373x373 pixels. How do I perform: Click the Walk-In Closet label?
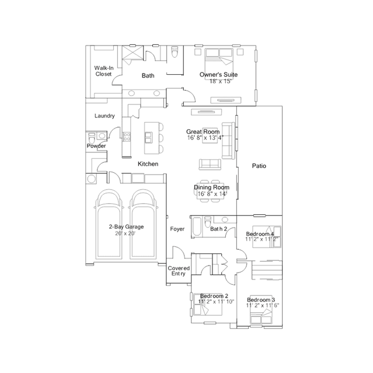coord(104,71)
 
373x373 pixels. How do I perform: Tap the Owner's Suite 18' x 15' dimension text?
coord(220,81)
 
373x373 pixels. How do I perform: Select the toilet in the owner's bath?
coord(175,51)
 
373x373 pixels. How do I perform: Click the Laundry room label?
coord(104,116)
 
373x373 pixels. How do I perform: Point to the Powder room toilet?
coord(92,138)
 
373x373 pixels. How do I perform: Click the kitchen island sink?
coord(148,138)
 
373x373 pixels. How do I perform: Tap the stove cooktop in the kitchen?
coord(127,137)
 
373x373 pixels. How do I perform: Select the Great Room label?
coord(203,131)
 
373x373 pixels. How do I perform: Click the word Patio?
coord(259,166)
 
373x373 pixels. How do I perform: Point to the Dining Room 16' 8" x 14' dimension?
coord(212,194)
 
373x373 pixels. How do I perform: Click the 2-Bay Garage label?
coord(126,226)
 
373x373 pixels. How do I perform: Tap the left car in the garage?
coord(109,224)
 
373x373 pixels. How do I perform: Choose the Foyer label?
coord(177,229)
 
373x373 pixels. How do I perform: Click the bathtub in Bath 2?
coord(197,226)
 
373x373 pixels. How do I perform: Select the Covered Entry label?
coord(179,271)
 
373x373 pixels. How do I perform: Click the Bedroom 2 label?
coord(214,296)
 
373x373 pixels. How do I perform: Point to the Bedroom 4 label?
coord(260,234)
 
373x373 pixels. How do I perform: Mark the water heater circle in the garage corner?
coord(91,179)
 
